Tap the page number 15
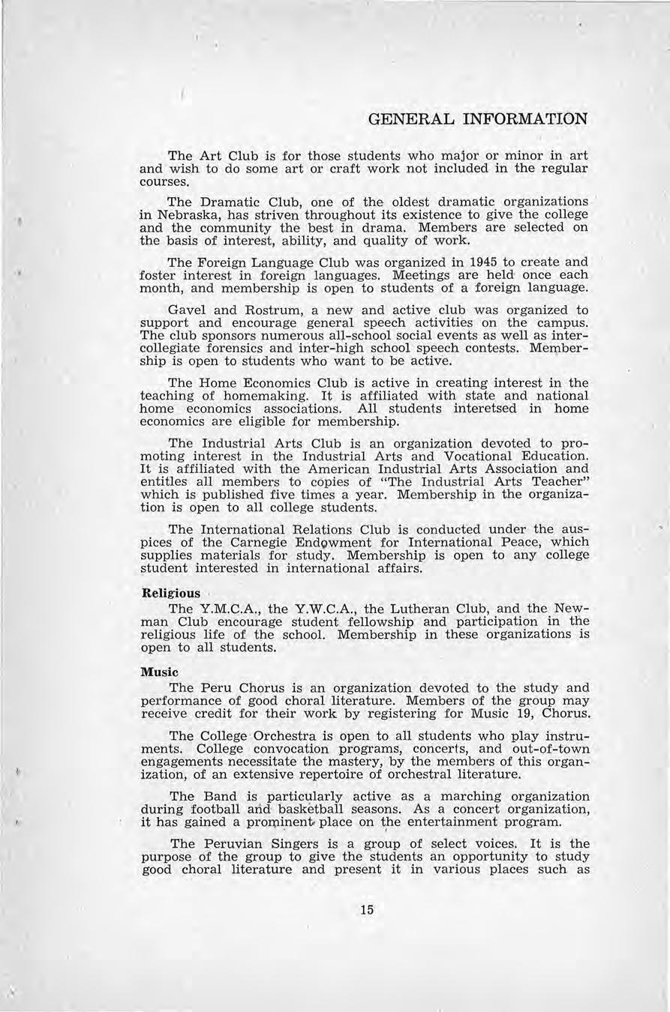(366, 910)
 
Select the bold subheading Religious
(171, 593)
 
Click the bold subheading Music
(160, 672)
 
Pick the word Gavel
(188, 310)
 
